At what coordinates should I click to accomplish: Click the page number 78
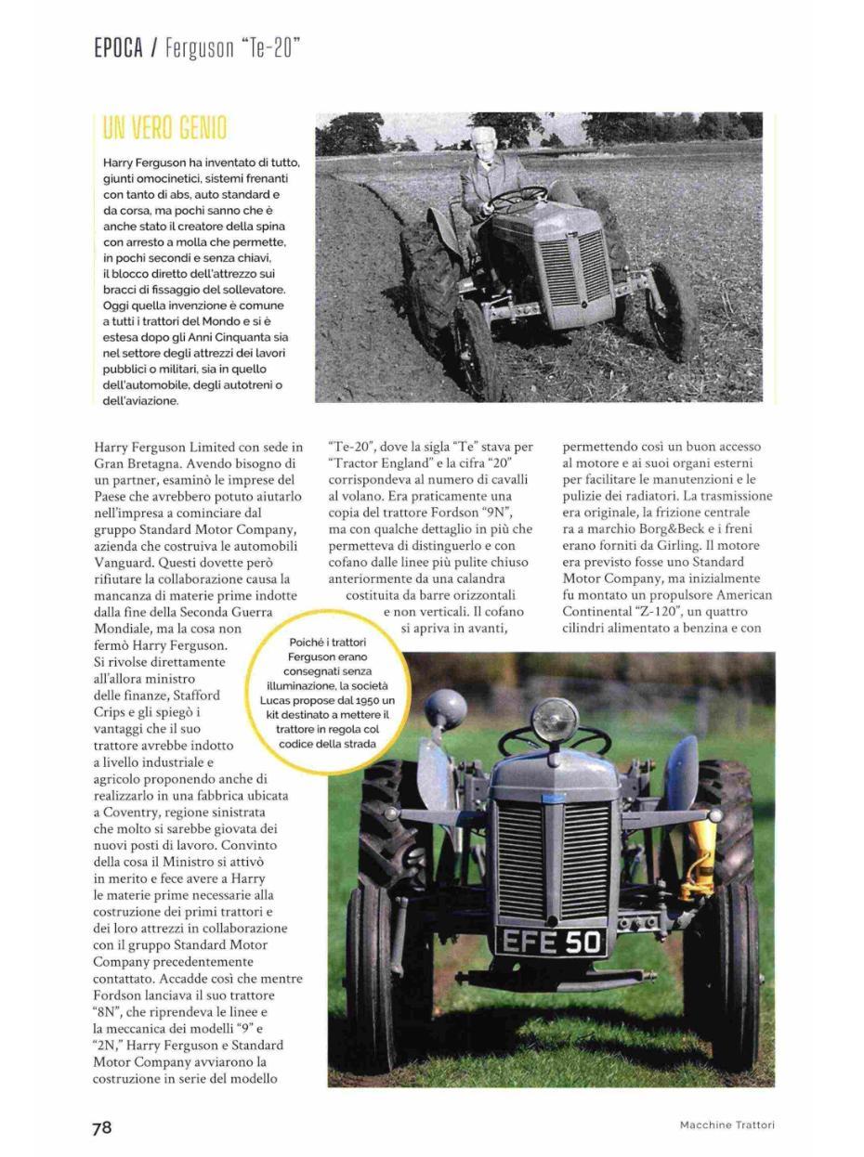coord(101,1127)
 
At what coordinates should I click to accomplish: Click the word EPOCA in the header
coord(118,47)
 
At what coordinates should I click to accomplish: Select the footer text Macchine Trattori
coord(727,1125)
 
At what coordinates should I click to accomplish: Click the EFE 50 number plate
coord(552,942)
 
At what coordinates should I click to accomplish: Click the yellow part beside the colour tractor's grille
coord(699,859)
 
